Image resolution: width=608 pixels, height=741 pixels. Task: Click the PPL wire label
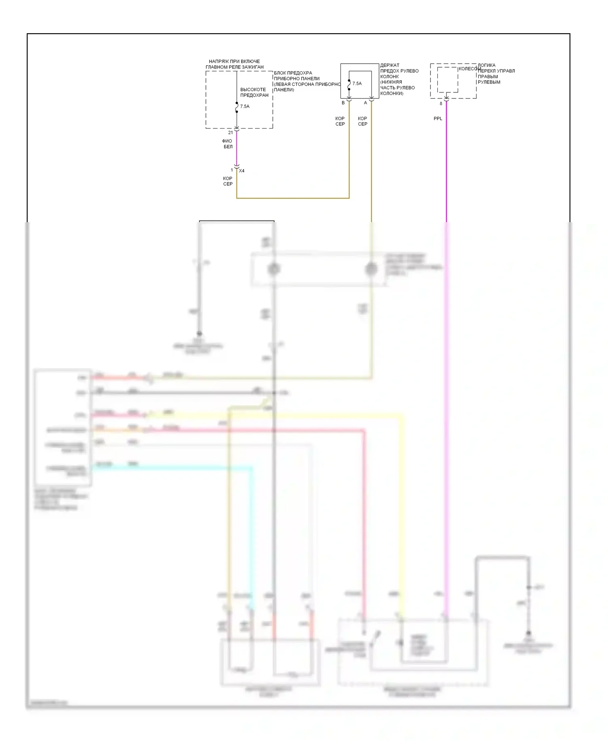(x=438, y=119)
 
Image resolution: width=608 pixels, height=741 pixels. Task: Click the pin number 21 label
(x=231, y=133)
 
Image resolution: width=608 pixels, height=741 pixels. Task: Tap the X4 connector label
(x=242, y=171)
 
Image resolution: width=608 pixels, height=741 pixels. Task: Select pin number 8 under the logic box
(x=441, y=104)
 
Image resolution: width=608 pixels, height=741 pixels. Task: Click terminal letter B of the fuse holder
(x=343, y=103)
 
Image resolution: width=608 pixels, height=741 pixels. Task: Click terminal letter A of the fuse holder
(x=365, y=103)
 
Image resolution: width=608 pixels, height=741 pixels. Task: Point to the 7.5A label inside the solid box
(x=357, y=84)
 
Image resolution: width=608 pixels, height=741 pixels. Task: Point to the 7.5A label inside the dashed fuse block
(x=245, y=107)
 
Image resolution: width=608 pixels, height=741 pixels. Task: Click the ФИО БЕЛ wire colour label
(x=227, y=144)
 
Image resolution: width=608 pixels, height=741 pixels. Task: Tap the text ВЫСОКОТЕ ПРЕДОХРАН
(x=254, y=92)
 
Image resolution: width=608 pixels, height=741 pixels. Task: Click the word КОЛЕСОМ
(x=469, y=69)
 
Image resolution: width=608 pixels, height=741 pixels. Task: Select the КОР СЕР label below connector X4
(x=228, y=181)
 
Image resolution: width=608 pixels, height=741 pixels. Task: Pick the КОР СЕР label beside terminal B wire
(x=340, y=121)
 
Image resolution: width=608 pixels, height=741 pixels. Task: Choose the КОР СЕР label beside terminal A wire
(x=362, y=121)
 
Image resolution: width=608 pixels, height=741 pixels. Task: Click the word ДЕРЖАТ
(x=390, y=65)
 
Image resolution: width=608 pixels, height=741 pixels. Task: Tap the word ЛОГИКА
(x=486, y=65)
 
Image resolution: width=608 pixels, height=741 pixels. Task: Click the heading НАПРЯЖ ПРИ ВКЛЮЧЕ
(x=234, y=62)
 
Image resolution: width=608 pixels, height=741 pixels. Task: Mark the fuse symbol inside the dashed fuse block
(x=237, y=107)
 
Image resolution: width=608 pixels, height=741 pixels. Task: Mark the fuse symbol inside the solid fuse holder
(x=349, y=85)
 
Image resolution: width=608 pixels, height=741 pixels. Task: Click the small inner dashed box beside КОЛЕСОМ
(x=447, y=80)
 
